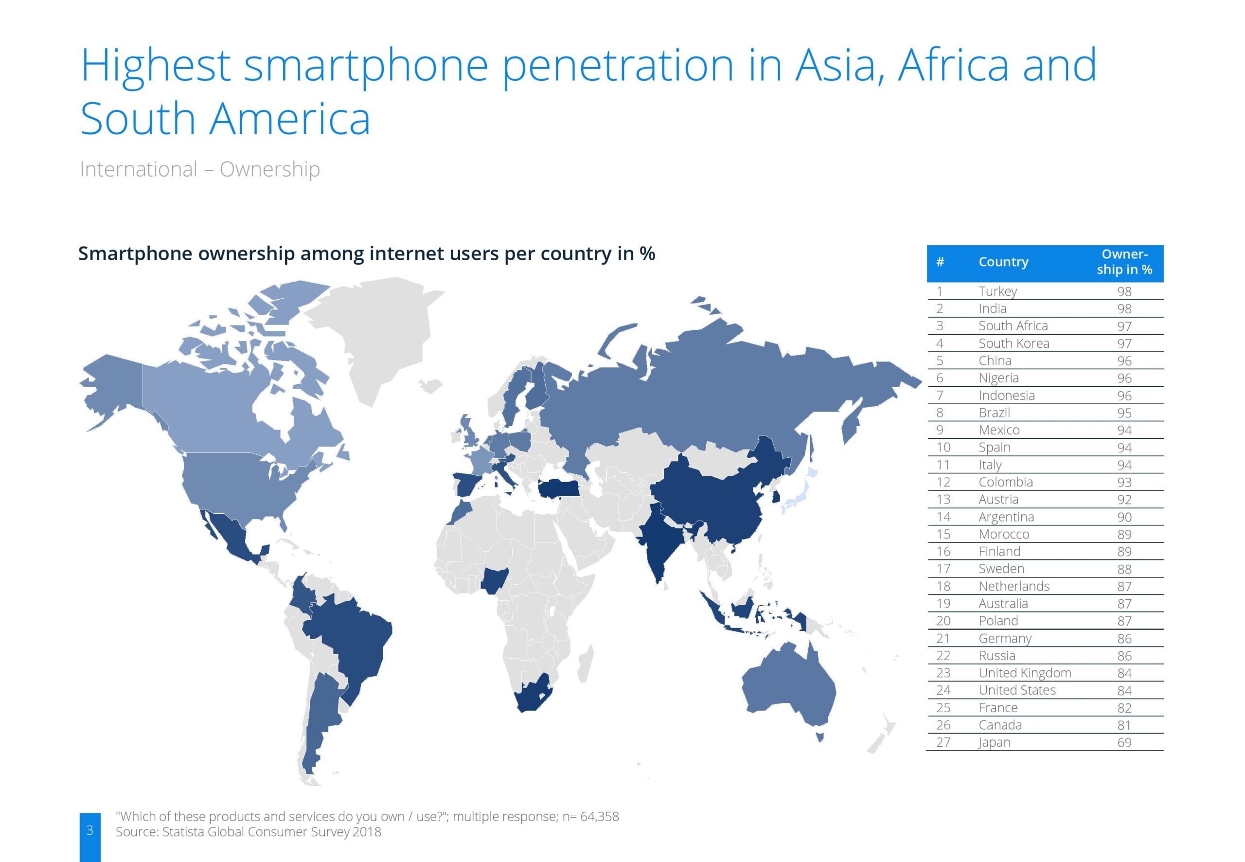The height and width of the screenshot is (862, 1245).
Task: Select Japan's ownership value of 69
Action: coord(1124,743)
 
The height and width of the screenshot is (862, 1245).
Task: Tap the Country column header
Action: coord(1003,262)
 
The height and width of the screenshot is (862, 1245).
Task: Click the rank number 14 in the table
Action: coord(943,517)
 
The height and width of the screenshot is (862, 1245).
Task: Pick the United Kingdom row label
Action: coord(1025,673)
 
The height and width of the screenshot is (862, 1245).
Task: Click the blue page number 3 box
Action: coord(89,837)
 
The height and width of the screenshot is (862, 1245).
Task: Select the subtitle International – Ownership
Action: coord(200,170)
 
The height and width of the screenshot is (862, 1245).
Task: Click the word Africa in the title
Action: coord(953,65)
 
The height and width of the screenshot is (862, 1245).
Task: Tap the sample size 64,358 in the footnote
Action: coord(599,817)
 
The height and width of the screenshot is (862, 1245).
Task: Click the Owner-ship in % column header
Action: coord(1124,262)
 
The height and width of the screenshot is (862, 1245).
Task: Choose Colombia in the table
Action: coord(1005,482)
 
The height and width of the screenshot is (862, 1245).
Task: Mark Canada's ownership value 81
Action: coord(1124,725)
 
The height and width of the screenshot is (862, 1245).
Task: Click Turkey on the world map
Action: coord(559,489)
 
